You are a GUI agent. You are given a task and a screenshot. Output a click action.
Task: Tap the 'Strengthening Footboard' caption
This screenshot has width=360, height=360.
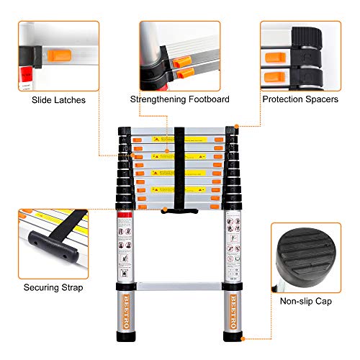(x=179, y=100)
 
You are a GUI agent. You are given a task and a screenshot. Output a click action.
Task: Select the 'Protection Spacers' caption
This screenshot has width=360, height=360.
(x=303, y=100)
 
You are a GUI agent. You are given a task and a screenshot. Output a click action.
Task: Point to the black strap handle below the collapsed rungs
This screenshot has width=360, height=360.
(x=180, y=211)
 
